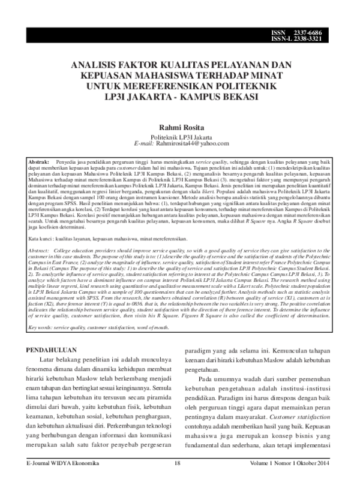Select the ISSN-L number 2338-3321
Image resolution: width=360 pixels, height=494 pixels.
coord(324,38)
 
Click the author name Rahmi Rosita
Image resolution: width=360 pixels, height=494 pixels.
coord(180,128)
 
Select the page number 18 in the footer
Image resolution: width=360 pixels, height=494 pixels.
coord(178,480)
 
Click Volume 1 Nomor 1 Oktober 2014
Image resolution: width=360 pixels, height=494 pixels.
coord(295,480)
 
